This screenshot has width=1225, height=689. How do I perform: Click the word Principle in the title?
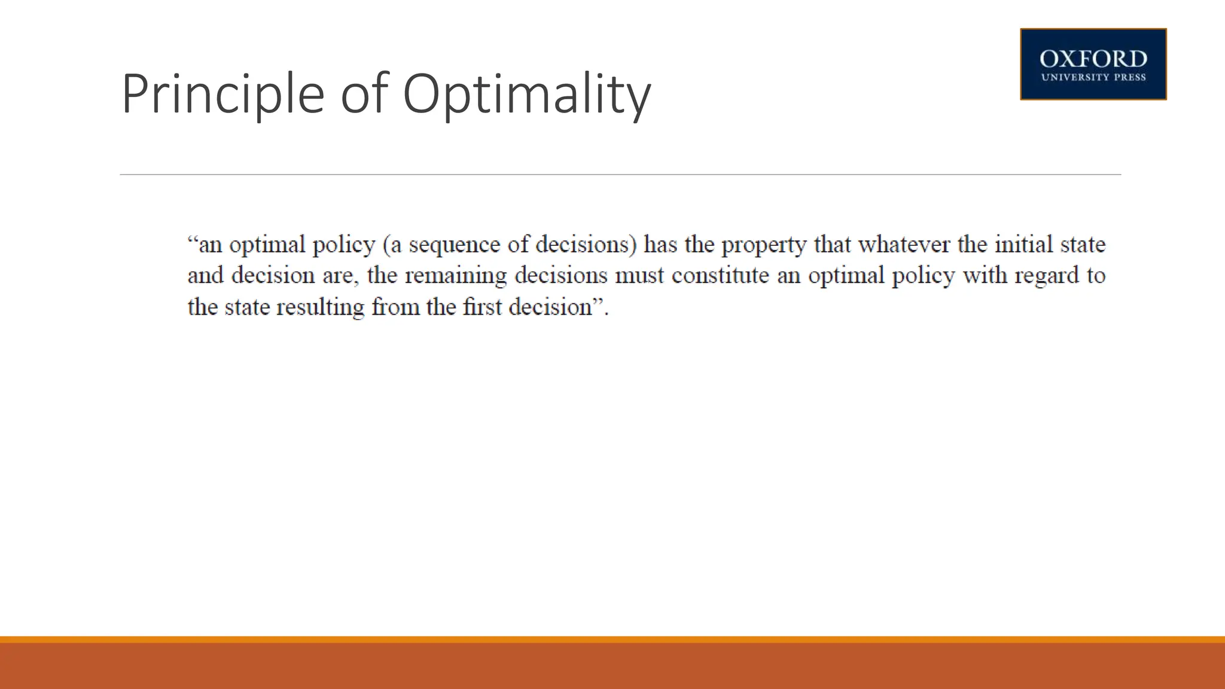click(x=223, y=94)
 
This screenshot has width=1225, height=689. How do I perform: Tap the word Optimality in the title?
click(x=526, y=94)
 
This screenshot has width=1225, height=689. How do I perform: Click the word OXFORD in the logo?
click(x=1093, y=59)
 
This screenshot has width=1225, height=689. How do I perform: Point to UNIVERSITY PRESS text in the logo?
click(x=1093, y=77)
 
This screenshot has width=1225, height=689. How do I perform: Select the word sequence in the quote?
click(x=454, y=245)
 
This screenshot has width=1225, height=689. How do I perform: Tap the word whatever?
click(x=904, y=244)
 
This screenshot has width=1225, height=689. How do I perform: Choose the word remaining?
click(x=456, y=276)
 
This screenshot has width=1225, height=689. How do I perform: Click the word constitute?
click(x=720, y=275)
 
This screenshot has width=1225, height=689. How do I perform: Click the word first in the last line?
click(x=482, y=307)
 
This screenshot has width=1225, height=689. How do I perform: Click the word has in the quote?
click(x=660, y=244)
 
